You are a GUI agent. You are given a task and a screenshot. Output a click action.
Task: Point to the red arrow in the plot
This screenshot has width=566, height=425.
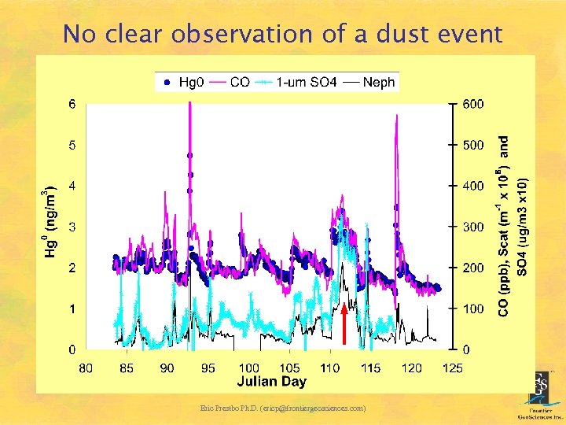344,323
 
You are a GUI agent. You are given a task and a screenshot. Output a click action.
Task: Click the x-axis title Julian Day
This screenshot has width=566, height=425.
271,382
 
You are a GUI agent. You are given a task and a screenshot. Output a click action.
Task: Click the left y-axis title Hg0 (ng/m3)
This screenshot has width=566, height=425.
51,223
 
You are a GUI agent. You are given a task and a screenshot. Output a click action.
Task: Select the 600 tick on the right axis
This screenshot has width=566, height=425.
473,104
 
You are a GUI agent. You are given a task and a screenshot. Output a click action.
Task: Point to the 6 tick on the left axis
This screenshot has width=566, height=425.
72,104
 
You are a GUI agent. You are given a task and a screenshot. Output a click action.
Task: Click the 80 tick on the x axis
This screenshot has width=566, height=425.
86,368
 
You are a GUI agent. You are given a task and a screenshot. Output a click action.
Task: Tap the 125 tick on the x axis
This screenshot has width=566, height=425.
452,368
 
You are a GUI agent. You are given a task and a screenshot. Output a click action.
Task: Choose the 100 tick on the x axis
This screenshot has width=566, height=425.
248,368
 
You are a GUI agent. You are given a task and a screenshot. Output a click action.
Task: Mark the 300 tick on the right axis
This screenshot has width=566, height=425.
473,227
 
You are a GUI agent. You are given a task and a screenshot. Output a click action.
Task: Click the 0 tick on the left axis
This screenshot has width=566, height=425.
72,349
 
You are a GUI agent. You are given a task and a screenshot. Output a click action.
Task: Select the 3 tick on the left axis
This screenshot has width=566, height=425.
72,227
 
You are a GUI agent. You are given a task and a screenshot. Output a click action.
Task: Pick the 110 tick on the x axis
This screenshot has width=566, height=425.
330,368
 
